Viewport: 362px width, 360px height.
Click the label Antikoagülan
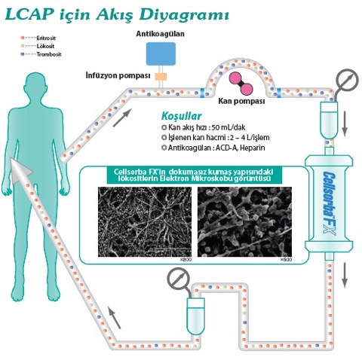(160, 34)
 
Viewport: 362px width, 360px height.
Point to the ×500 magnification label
(285, 260)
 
